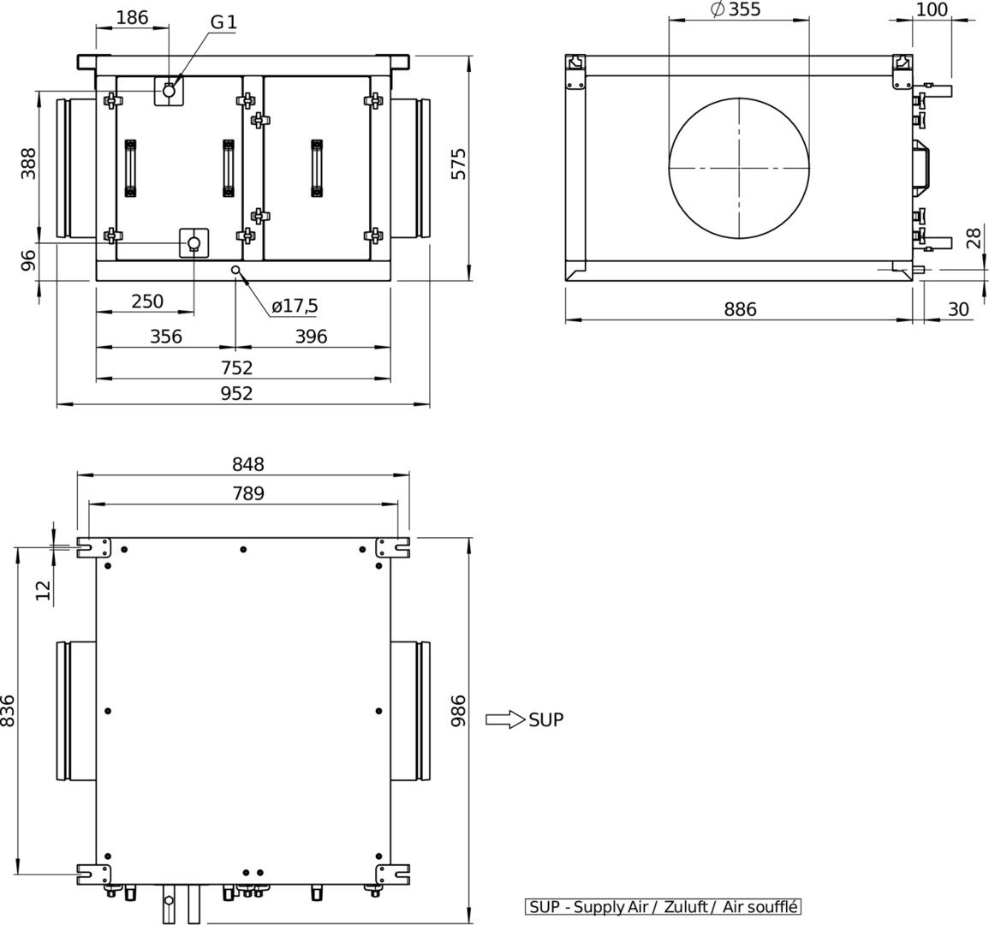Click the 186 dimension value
[x=133, y=17]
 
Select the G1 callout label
[x=223, y=22]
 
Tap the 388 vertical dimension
[x=29, y=164]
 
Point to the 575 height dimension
[x=459, y=164]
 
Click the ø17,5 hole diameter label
[x=295, y=306]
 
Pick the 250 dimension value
[x=147, y=301]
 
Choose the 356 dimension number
[x=166, y=337]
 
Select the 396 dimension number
[x=312, y=337]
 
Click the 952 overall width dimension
[x=236, y=393]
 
